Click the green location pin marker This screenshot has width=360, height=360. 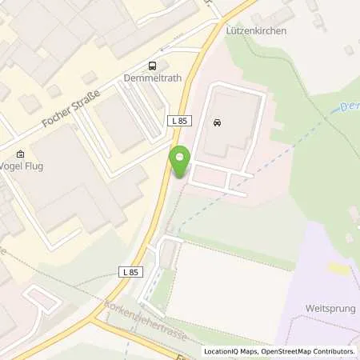[x=180, y=162]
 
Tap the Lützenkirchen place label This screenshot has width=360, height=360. [x=258, y=30]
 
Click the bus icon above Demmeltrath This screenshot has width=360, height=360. [x=152, y=66]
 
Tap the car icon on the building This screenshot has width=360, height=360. [x=217, y=122]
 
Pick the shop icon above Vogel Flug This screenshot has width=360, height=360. [x=20, y=154]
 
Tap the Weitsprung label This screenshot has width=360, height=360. [x=330, y=308]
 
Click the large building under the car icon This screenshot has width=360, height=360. [x=228, y=132]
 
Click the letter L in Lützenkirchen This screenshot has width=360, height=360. [x=234, y=30]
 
